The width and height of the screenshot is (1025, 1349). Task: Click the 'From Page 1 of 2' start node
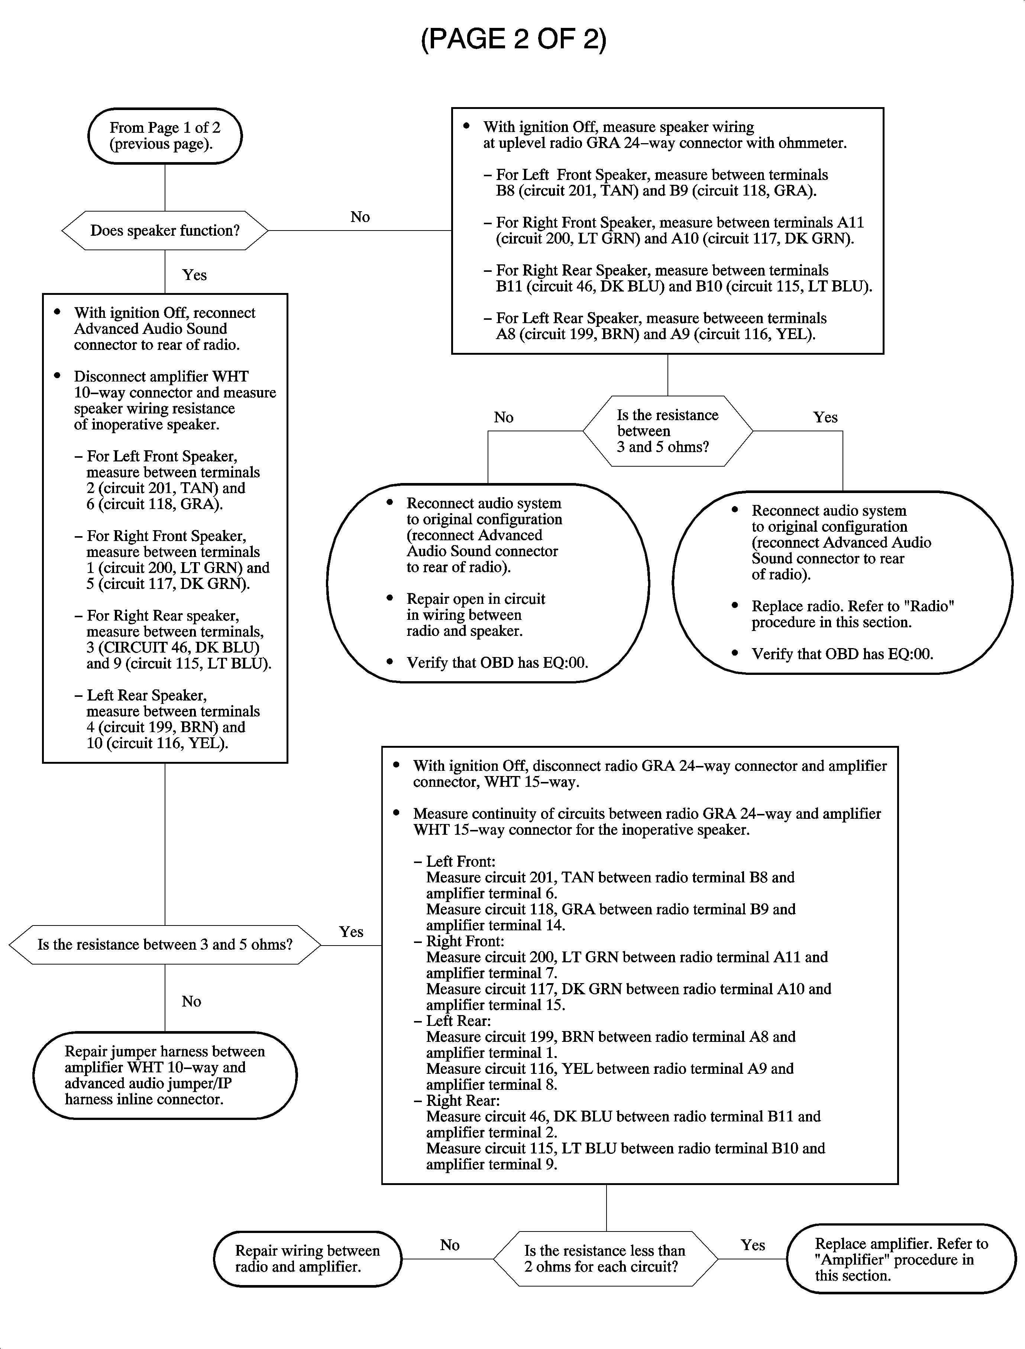(x=165, y=135)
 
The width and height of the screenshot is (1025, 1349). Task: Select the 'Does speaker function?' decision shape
(x=165, y=231)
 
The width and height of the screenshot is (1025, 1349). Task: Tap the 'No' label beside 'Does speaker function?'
(x=360, y=217)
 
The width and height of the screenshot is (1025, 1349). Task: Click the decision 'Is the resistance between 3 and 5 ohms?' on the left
(x=165, y=945)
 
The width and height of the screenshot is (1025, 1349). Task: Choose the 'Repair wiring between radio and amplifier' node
(x=307, y=1259)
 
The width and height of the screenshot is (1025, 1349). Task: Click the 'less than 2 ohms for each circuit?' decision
(x=605, y=1259)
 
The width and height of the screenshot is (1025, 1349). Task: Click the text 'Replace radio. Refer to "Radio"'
(x=852, y=606)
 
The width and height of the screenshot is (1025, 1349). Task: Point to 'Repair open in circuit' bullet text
(x=476, y=599)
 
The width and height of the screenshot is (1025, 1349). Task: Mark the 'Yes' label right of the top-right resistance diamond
(x=825, y=418)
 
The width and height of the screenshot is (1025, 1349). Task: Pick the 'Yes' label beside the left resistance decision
(x=352, y=931)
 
